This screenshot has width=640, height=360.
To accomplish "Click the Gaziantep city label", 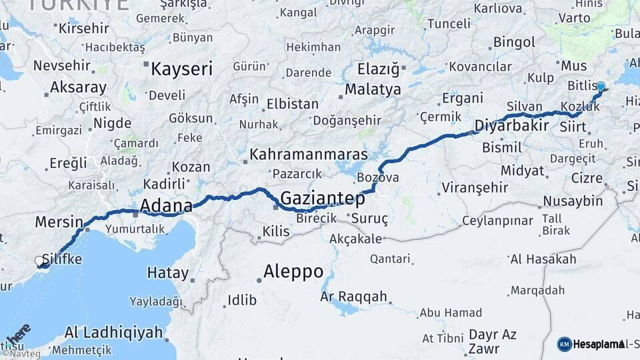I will pyautogui.click(x=323, y=198).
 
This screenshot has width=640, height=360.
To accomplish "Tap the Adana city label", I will pyautogui.click(x=166, y=204).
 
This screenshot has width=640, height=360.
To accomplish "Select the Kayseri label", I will pyautogui.click(x=181, y=69).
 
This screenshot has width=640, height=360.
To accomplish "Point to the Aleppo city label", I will pyautogui.click(x=293, y=271).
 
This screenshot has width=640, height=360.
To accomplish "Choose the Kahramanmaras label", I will pyautogui.click(x=309, y=155).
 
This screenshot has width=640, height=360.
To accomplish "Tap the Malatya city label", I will pyautogui.click(x=373, y=89).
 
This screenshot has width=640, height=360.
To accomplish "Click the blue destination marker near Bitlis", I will pyautogui.click(x=601, y=87).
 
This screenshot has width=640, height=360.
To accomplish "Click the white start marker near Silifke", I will pyautogui.click(x=40, y=261).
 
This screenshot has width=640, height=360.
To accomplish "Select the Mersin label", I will pyautogui.click(x=59, y=222).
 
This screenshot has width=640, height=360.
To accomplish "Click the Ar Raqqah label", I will pyautogui.click(x=353, y=296).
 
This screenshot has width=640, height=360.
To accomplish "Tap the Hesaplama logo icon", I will pyautogui.click(x=565, y=344).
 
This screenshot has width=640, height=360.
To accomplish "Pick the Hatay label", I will pyautogui.click(x=167, y=273).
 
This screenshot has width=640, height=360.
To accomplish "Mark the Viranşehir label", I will pyautogui.click(x=476, y=186).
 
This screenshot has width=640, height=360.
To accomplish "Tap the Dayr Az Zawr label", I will pyautogui.click(x=492, y=341).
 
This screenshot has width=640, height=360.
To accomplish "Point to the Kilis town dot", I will pyautogui.click(x=259, y=238).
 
